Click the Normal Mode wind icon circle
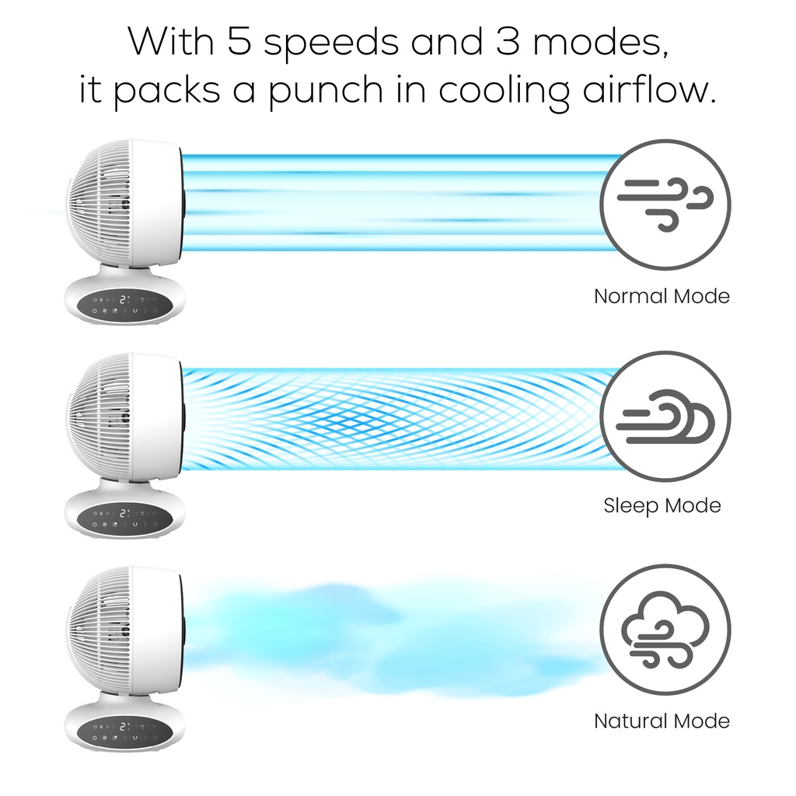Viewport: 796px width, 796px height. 665,204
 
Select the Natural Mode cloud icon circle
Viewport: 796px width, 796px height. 665,630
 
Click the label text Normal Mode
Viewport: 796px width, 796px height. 662,296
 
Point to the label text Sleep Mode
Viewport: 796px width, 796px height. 662,506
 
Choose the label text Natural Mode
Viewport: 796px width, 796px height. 662,721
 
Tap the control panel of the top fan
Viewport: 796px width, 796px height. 124,305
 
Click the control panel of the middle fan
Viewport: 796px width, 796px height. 124,518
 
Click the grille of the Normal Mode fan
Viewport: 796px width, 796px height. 97,204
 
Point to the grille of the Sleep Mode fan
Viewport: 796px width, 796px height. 97,417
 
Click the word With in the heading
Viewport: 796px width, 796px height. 169,42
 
